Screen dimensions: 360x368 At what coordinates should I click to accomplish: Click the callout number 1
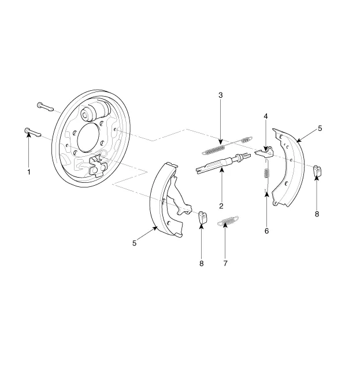tap(29, 172)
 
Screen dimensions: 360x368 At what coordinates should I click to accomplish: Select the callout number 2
tap(221, 206)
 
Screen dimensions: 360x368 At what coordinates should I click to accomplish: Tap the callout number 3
tap(220, 95)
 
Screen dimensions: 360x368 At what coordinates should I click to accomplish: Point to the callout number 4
tap(266, 116)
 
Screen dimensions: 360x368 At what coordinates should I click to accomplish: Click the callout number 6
tap(267, 231)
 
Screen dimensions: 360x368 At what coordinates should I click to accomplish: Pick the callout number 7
tap(225, 264)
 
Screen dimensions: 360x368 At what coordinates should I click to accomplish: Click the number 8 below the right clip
tap(317, 214)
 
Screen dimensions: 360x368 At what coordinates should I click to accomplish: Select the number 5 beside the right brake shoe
tap(320, 128)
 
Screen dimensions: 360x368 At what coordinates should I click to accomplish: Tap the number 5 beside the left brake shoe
tap(134, 243)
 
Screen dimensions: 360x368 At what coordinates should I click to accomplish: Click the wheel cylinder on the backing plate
tap(95, 112)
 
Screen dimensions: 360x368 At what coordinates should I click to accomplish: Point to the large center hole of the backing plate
tap(88, 137)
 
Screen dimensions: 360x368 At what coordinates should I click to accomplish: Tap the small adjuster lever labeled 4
tap(265, 152)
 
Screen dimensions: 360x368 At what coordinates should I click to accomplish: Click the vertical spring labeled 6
tap(266, 175)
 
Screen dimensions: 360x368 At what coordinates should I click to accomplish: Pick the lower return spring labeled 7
tap(228, 220)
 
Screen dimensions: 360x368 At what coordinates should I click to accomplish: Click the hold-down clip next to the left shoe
tap(203, 218)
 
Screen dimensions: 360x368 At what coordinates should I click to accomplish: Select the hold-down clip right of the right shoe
tap(317, 171)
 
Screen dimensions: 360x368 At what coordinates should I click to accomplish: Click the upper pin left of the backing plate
tap(46, 107)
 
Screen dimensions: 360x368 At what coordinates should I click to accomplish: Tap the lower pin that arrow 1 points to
tap(33, 133)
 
